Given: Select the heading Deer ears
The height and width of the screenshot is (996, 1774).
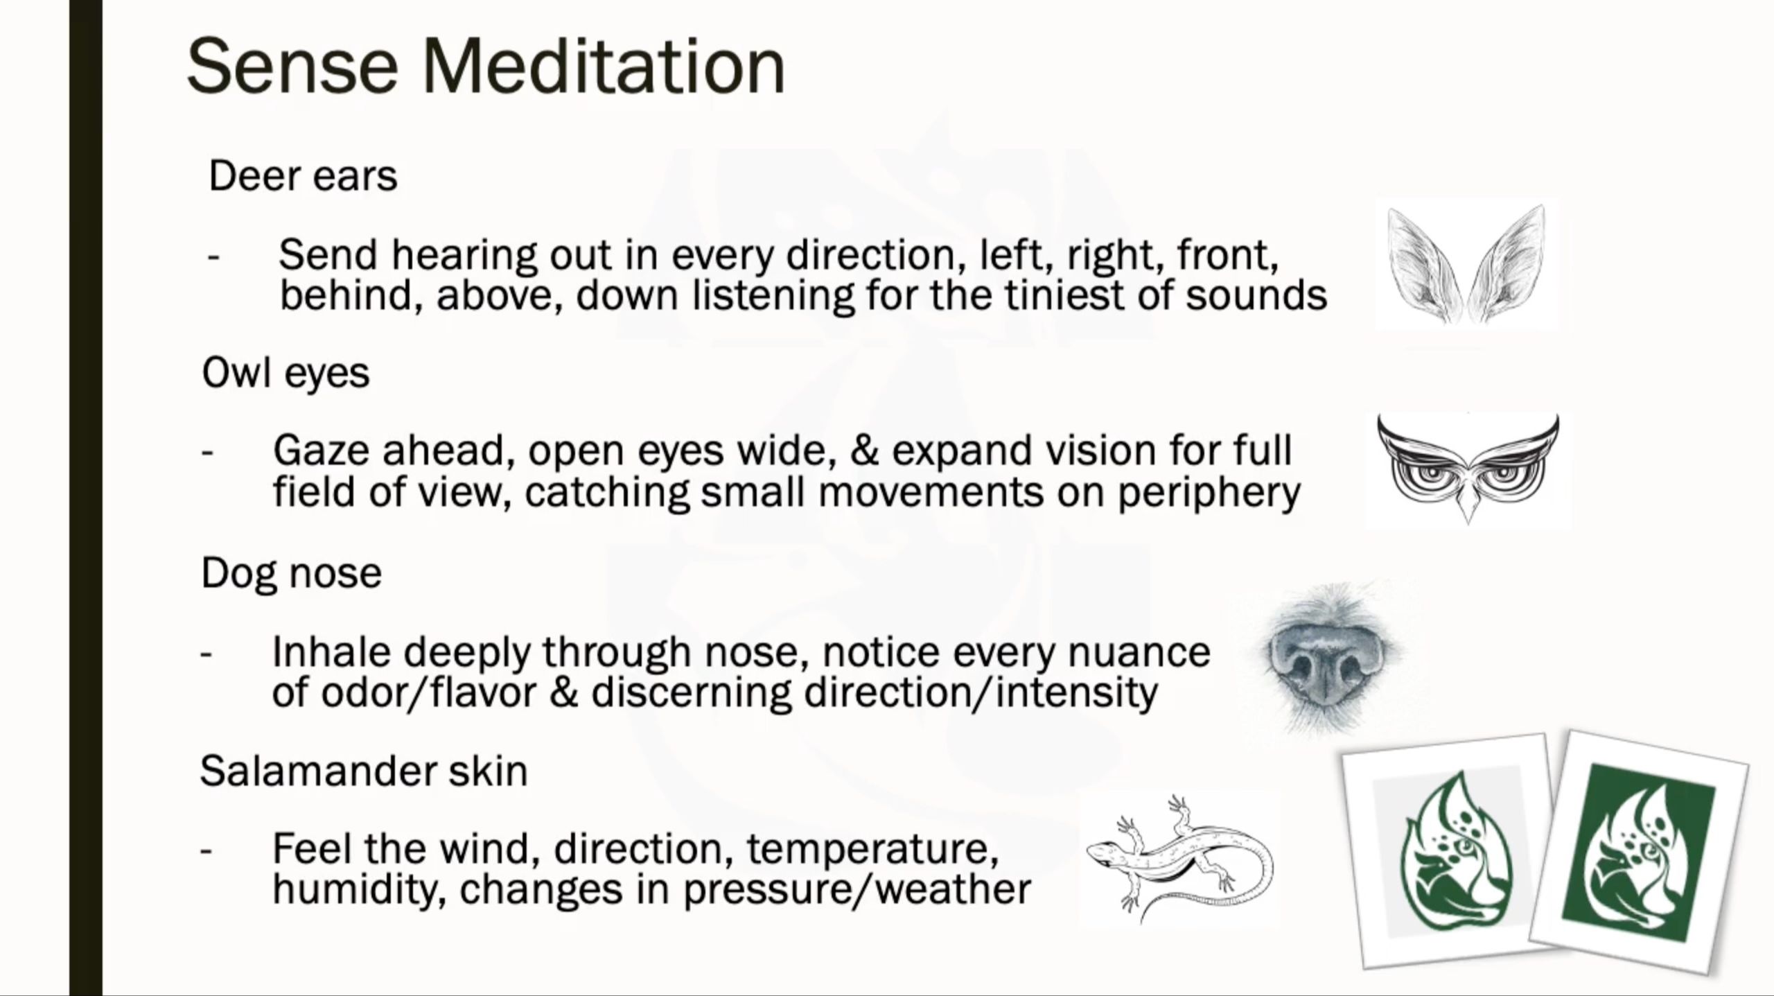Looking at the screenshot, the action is click(303, 176).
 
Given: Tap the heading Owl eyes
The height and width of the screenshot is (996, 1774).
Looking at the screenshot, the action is click(286, 374).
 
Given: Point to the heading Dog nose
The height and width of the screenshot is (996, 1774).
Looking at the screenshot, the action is click(291, 574).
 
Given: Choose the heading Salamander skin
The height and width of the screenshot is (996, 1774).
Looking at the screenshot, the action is click(364, 771).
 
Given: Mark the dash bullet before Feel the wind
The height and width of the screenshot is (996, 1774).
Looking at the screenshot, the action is click(205, 850).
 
